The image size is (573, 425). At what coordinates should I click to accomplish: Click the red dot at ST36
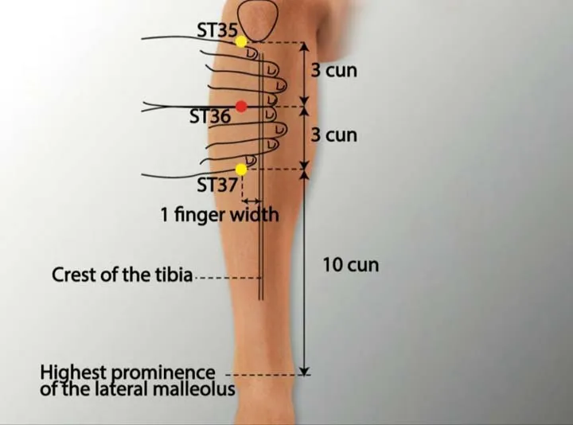pyautogui.click(x=241, y=107)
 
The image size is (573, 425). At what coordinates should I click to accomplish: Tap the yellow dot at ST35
pyautogui.click(x=241, y=41)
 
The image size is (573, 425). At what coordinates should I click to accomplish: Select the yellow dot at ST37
pyautogui.click(x=241, y=170)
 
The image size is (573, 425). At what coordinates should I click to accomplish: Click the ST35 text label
pyautogui.click(x=217, y=30)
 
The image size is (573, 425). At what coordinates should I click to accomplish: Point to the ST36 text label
pyautogui.click(x=210, y=116)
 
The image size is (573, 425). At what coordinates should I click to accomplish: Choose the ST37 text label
pyautogui.click(x=217, y=185)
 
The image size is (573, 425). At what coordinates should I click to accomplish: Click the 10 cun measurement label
pyautogui.click(x=351, y=265)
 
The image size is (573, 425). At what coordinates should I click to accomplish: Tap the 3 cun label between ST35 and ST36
pyautogui.click(x=334, y=70)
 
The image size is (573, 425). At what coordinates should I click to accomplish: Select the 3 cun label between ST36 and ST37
pyautogui.click(x=334, y=135)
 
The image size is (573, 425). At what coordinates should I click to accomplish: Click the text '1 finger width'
pyautogui.click(x=220, y=215)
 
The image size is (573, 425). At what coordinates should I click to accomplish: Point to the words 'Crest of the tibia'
pyautogui.click(x=122, y=275)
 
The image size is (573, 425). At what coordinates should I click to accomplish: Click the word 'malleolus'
pyautogui.click(x=193, y=389)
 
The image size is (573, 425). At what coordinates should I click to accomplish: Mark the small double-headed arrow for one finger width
pyautogui.click(x=252, y=201)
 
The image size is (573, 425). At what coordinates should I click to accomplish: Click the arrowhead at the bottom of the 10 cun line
pyautogui.click(x=304, y=372)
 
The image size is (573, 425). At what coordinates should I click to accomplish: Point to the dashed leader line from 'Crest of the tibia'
pyautogui.click(x=228, y=278)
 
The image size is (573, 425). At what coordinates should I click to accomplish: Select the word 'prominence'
pyautogui.click(x=163, y=373)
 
